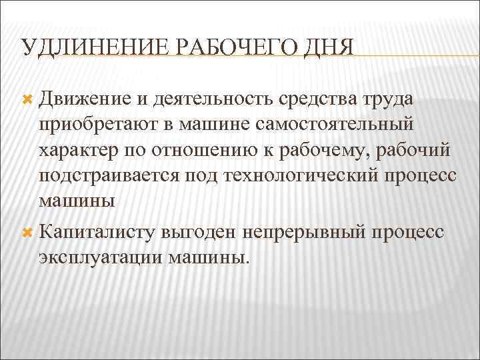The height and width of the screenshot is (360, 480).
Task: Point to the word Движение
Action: pyautogui.click(x=86, y=99)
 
